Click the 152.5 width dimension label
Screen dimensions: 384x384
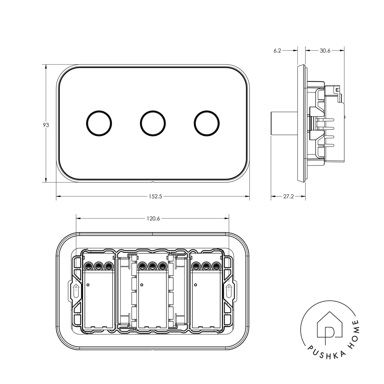coord(155,197)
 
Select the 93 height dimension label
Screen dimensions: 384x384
coord(46,125)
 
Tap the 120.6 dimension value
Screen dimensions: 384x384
coord(153,219)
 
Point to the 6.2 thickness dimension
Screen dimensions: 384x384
coord(277,51)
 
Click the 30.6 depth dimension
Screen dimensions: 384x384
coord(325,51)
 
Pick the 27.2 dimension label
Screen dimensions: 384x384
coord(288,197)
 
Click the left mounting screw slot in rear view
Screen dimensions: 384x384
coord(76,291)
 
